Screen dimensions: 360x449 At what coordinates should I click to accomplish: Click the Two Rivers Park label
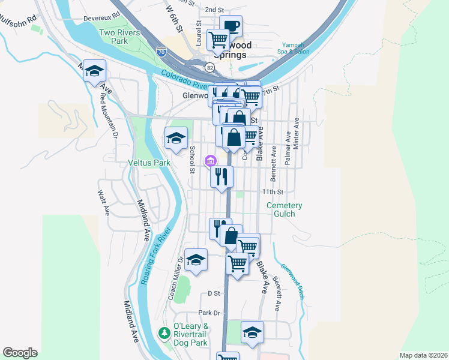(x=114, y=37)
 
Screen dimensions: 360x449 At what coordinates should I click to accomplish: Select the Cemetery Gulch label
(x=285, y=209)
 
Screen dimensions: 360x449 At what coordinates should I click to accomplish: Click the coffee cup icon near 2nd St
(x=231, y=25)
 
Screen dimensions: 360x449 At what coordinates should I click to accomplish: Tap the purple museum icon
(x=210, y=161)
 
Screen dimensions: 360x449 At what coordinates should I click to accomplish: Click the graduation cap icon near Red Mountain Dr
(x=95, y=71)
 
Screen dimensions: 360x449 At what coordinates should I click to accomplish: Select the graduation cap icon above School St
(x=176, y=137)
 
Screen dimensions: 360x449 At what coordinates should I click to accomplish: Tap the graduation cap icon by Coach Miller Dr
(x=196, y=260)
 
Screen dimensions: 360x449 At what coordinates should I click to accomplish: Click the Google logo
(x=20, y=353)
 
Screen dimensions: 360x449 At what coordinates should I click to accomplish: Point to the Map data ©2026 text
(x=423, y=355)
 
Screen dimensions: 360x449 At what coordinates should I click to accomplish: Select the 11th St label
(x=271, y=191)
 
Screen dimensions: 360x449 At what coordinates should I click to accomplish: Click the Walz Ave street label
(x=104, y=203)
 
